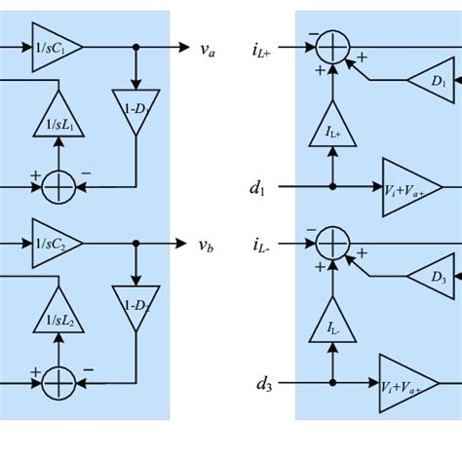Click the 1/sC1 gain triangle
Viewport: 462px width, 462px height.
click(56, 48)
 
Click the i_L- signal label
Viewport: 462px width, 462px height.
click(262, 240)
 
